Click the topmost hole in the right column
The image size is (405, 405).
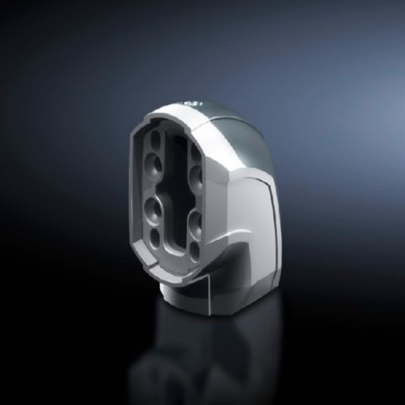[x=194, y=150]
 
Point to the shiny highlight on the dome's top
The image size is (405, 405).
[x=195, y=103]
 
